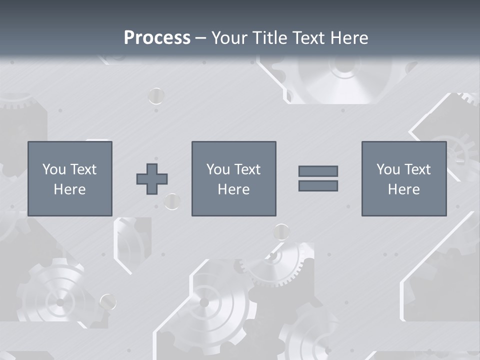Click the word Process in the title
coord(157,38)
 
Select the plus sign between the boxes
coord(152,179)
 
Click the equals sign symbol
coord(318,178)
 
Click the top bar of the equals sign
coord(318,171)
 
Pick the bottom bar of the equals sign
coord(318,186)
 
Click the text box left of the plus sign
coord(70,178)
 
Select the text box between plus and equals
coord(233,178)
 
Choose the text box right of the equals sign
coord(404,178)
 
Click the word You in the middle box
coord(218,169)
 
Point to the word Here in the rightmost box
coord(404,189)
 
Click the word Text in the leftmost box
coord(83,169)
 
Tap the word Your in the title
coord(230,38)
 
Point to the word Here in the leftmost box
coord(70,189)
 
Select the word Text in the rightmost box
coord(417,169)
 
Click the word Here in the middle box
coord(233,189)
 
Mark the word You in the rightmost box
coord(388,169)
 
